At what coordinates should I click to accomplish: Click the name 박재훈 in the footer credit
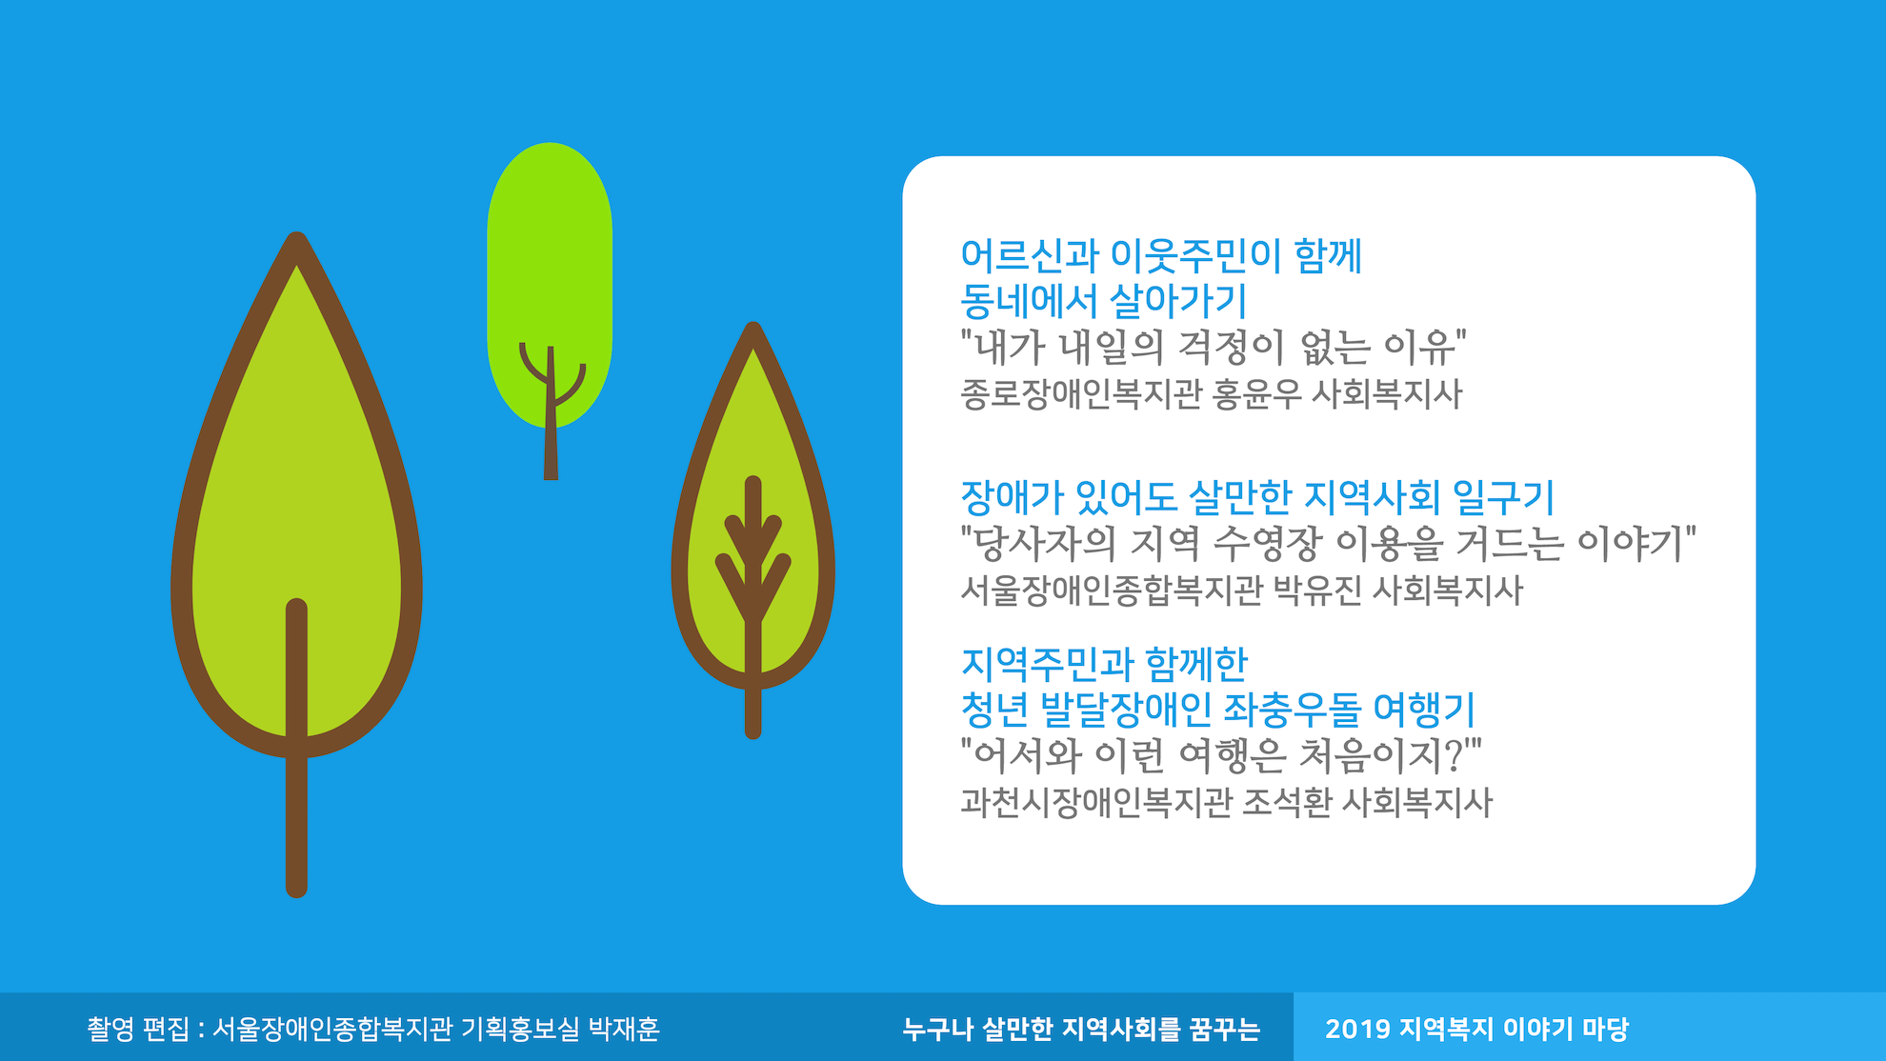pyautogui.click(x=624, y=1029)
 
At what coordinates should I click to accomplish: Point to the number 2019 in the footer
pyautogui.click(x=1356, y=1029)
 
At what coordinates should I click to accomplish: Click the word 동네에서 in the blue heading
pyautogui.click(x=1030, y=301)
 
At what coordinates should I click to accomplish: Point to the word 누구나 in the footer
pyautogui.click(x=937, y=1029)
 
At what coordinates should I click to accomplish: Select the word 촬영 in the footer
pyautogui.click(x=110, y=1029)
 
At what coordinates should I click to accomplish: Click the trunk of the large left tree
pyautogui.click(x=296, y=748)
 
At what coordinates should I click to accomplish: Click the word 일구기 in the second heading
pyautogui.click(x=1503, y=497)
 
